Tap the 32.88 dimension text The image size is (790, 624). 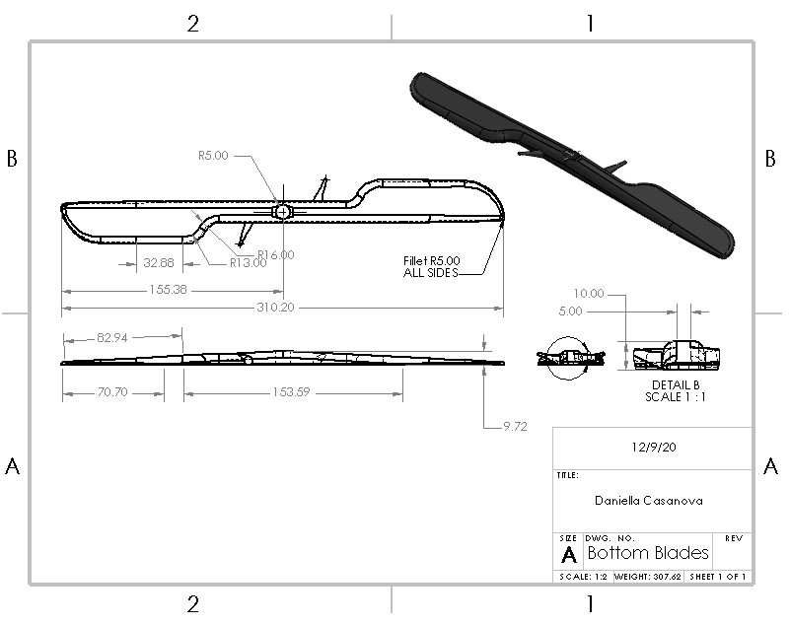[x=158, y=263]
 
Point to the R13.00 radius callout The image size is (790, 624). [x=249, y=263]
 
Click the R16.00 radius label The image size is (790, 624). [x=275, y=254]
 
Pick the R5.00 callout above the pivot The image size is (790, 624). [x=213, y=155]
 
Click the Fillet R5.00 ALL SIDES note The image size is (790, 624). [x=431, y=266]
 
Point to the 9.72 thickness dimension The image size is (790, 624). [x=514, y=427]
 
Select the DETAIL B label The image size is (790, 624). [x=676, y=384]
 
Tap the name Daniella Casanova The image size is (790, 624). [x=648, y=500]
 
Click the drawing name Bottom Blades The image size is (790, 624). [x=648, y=553]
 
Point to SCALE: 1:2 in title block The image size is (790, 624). [x=582, y=577]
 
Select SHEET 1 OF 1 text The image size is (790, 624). [x=717, y=577]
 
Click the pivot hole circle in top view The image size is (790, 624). [x=282, y=211]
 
